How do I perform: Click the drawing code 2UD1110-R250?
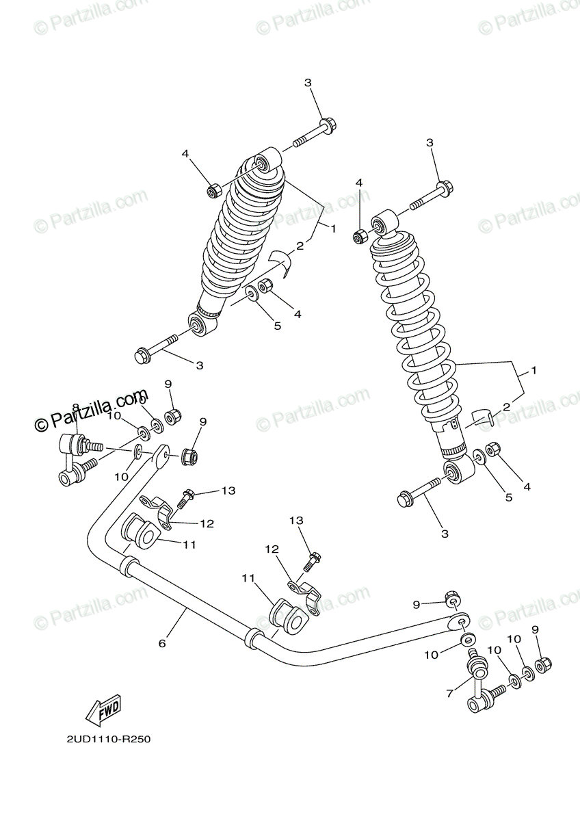click(x=109, y=740)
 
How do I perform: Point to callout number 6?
click(x=162, y=643)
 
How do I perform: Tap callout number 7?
click(x=449, y=694)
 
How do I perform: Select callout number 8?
click(x=75, y=408)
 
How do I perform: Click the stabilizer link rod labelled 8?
click(x=72, y=458)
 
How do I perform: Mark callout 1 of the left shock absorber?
click(x=333, y=229)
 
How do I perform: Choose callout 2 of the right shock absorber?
click(x=507, y=406)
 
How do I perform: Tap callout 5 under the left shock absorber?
click(x=278, y=326)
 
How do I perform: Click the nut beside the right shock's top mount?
click(x=360, y=237)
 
